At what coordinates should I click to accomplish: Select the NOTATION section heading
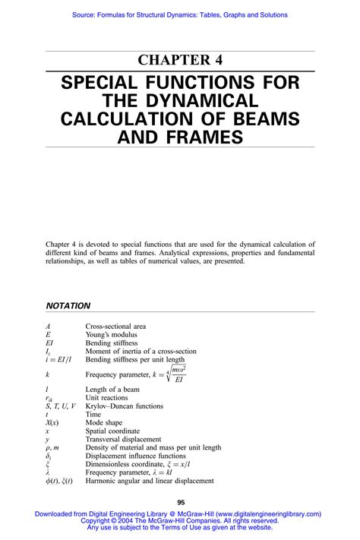[68, 305]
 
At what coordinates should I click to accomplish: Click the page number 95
[181, 502]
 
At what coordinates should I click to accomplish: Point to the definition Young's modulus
[111, 334]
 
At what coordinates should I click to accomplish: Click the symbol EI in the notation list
[51, 343]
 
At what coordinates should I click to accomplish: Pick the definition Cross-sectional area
[116, 326]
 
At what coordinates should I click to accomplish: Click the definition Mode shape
[105, 422]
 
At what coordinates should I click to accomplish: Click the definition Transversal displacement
[123, 439]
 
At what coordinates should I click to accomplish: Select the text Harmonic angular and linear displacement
[150, 480]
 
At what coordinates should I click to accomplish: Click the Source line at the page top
[180, 14]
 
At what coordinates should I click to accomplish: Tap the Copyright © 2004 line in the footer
[179, 521]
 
